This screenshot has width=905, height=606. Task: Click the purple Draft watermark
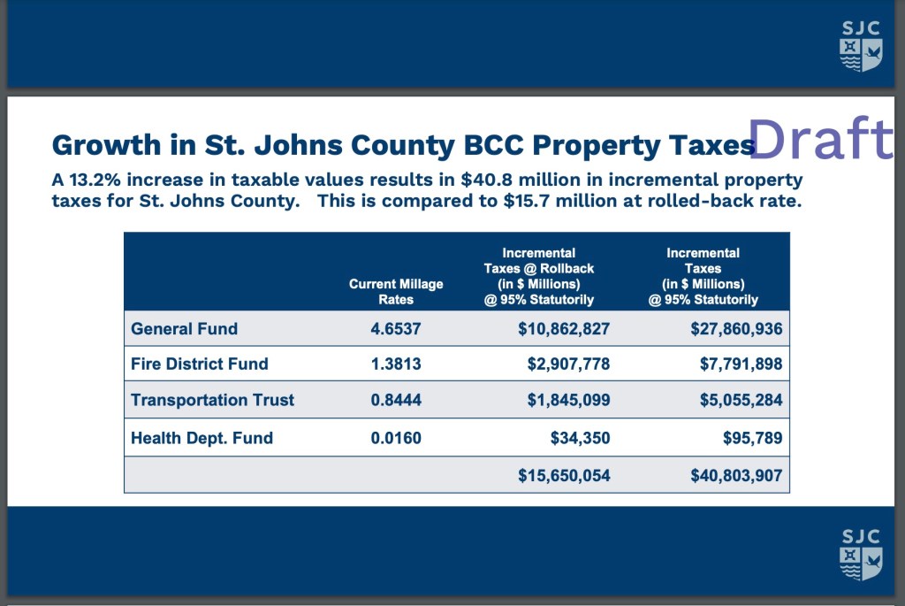[x=821, y=140]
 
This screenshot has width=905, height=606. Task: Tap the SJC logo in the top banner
[x=860, y=46]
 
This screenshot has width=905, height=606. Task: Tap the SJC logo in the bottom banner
[x=860, y=555]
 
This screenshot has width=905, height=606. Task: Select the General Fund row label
[x=184, y=329]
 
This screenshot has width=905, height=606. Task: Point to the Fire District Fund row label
[x=199, y=364]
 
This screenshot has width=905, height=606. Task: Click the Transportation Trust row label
[x=212, y=400]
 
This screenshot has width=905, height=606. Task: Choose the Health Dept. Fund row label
[x=202, y=438]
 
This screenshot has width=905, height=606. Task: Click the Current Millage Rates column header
[x=396, y=291]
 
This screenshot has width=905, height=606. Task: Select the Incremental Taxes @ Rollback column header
[x=538, y=276]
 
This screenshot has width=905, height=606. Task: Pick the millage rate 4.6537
[x=396, y=329]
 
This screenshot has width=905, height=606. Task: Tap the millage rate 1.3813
[x=396, y=364]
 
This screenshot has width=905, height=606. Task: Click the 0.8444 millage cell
[x=396, y=400]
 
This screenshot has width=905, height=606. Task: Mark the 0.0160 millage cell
[x=396, y=438]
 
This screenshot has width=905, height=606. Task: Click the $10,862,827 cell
[x=564, y=329]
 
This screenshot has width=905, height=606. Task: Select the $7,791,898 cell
[x=736, y=364]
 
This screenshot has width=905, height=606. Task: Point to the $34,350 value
[x=581, y=438]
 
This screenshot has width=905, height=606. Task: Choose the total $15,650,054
[x=564, y=475]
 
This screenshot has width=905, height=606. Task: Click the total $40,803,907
[x=736, y=475]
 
